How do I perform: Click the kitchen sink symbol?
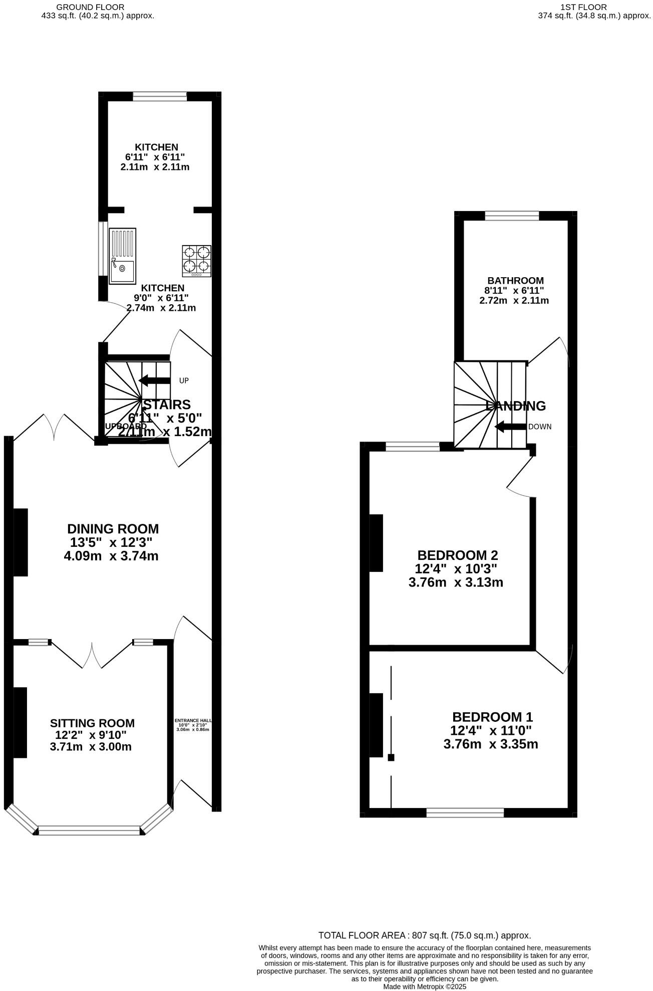[x=122, y=256]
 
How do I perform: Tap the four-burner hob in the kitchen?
[x=196, y=261]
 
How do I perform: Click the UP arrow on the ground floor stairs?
[x=155, y=380]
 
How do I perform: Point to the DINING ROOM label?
[x=113, y=529]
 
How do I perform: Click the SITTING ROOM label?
[x=92, y=723]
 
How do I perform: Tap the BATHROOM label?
[x=515, y=281]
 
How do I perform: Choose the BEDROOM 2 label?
[x=457, y=555]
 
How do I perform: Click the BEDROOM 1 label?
[x=492, y=717]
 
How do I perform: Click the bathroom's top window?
[x=512, y=216]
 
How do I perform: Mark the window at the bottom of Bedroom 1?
[x=465, y=813]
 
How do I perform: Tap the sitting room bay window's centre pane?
[x=90, y=831]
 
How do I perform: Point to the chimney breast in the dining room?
[x=20, y=542]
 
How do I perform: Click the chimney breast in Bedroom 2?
[x=376, y=543]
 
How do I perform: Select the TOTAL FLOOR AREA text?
[x=425, y=935]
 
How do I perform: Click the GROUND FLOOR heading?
[x=90, y=8]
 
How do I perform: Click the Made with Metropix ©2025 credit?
[x=425, y=986]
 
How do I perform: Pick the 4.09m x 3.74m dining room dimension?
[x=111, y=556]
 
